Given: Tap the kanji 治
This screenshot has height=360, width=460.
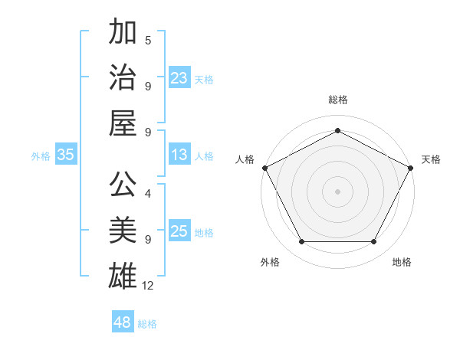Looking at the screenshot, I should [123, 77].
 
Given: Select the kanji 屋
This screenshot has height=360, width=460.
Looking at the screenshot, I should [123, 122].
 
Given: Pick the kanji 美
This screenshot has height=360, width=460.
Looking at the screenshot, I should [123, 231].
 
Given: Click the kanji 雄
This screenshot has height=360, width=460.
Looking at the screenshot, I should [123, 276].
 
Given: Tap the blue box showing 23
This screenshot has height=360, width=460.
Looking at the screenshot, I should [179, 78].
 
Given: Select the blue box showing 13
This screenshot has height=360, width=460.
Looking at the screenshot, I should [179, 155].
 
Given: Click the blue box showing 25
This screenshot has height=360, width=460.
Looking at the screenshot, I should [179, 232].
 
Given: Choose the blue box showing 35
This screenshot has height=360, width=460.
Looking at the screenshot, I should [66, 155].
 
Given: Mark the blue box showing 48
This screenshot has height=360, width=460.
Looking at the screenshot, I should [123, 322].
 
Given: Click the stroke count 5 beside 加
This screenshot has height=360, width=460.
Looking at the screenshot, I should [148, 40].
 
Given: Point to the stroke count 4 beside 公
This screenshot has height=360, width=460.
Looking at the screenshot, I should [148, 195].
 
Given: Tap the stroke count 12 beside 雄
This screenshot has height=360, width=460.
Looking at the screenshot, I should [148, 285].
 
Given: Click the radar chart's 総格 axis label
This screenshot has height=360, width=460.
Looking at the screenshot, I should [337, 100].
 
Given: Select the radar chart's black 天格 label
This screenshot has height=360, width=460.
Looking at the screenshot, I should [431, 159].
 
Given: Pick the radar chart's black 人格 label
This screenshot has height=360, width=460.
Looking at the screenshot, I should [245, 159].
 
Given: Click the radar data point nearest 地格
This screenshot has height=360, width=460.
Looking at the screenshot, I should [374, 242].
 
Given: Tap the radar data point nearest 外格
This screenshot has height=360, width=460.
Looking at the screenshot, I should [301, 242].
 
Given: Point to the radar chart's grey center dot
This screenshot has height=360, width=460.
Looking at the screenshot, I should [337, 191].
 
